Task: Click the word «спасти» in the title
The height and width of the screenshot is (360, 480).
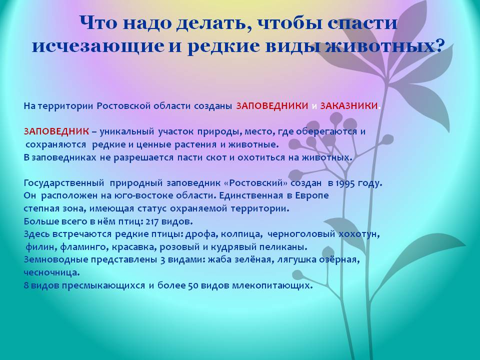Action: tap(362, 23)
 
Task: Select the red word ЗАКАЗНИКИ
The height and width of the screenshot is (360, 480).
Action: tap(349, 106)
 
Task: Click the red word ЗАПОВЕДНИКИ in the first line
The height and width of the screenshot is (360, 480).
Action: tap(272, 106)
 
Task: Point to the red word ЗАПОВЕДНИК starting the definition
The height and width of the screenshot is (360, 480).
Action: tap(56, 131)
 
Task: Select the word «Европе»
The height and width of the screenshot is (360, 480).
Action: tap(312, 195)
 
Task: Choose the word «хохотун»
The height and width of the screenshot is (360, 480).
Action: tap(359, 234)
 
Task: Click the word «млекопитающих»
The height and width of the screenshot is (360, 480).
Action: tap(272, 285)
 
